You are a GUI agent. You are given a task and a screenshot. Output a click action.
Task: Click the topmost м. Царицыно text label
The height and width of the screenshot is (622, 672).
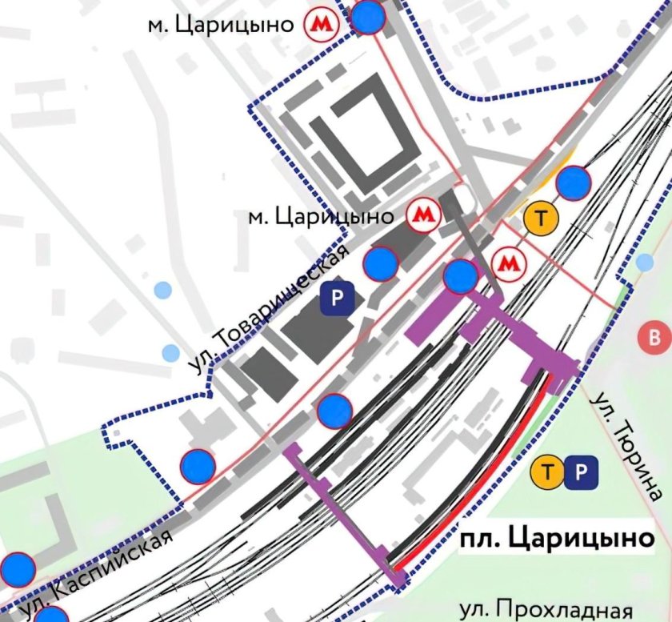[221, 24]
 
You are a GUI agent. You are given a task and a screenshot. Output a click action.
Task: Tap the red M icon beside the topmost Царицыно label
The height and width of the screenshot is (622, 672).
[321, 25]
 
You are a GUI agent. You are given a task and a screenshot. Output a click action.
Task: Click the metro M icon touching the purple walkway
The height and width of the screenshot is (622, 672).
[509, 263]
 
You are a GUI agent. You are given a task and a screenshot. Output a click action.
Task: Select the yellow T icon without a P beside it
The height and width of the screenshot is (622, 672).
[540, 217]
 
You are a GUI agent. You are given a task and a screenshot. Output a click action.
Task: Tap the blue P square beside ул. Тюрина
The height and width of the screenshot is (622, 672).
[581, 472]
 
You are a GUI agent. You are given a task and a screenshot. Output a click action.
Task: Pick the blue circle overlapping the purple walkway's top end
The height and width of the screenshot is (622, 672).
[460, 276]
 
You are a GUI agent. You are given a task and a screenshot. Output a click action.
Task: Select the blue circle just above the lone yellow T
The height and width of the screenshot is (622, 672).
[573, 183]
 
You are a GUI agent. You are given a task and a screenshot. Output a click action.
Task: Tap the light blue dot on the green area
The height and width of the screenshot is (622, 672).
[646, 263]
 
